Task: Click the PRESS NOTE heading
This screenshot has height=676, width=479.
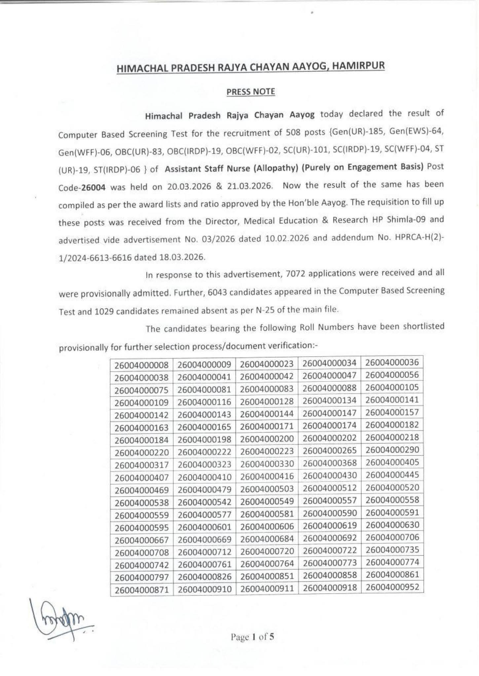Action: tap(250, 92)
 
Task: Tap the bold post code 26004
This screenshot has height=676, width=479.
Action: tap(93, 187)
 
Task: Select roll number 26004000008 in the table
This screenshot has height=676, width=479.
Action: tap(142, 365)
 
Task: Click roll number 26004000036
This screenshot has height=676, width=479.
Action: tap(392, 362)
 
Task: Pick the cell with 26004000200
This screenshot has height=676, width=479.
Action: tap(267, 439)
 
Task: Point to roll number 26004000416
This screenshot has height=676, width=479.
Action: tap(267, 477)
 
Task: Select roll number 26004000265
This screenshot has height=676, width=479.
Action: tap(329, 451)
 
